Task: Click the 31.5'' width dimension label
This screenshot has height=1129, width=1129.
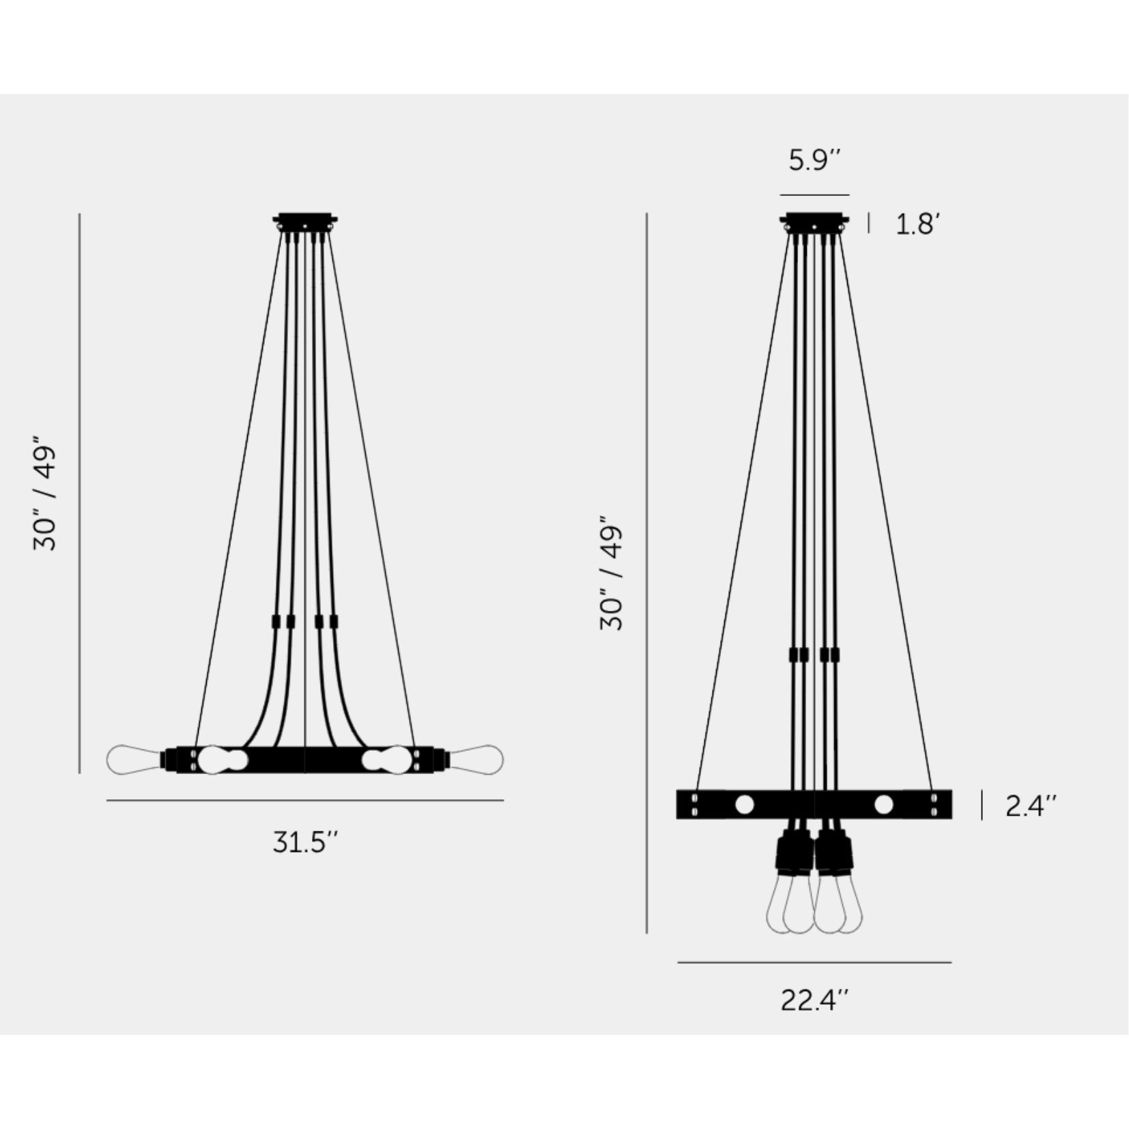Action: (x=305, y=842)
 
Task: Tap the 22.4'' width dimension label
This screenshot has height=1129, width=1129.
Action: (x=814, y=1001)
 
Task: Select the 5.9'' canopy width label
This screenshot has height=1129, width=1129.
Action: (x=814, y=160)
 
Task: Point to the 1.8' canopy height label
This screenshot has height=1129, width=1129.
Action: (x=918, y=225)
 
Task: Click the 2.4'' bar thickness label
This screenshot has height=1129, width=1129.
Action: (x=1030, y=806)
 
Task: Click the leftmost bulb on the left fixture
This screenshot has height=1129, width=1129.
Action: (x=135, y=760)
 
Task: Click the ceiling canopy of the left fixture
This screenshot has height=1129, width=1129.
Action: (x=305, y=223)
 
